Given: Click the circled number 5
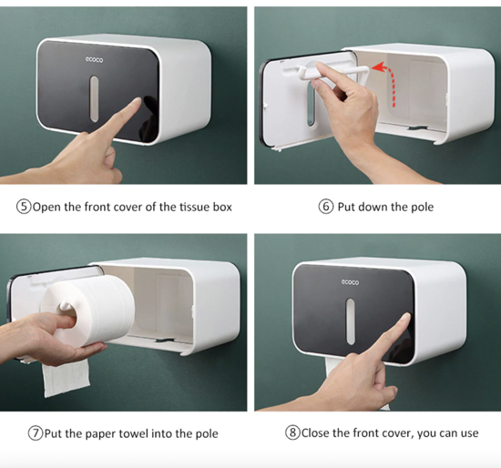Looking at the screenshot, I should (x=23, y=207).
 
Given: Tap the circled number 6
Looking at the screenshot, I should (x=326, y=207).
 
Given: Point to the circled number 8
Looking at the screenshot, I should (x=292, y=433).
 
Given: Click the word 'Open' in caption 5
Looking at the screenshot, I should (x=47, y=207).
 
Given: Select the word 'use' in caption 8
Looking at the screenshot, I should (x=467, y=433).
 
